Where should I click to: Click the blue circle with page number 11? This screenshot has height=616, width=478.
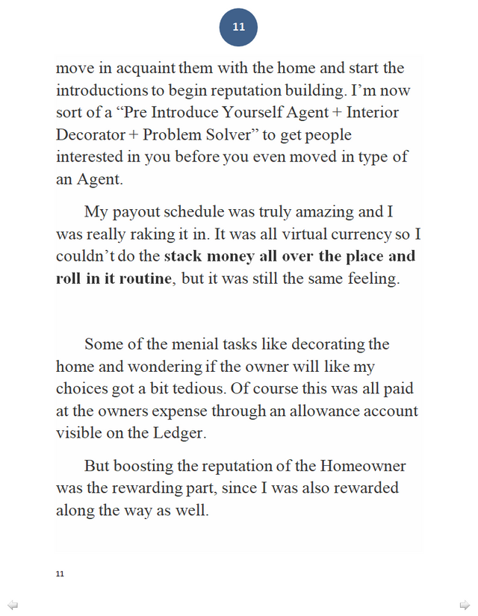click(x=238, y=28)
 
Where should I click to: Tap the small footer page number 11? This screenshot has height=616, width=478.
click(x=60, y=573)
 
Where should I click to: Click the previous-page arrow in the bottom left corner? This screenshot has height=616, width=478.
click(x=13, y=604)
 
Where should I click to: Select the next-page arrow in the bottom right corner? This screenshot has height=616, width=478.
click(x=465, y=604)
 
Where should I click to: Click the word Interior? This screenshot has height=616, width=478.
click(x=372, y=113)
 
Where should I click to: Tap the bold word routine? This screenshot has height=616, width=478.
click(x=145, y=279)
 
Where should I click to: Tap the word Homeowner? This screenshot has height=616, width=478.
click(x=363, y=467)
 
